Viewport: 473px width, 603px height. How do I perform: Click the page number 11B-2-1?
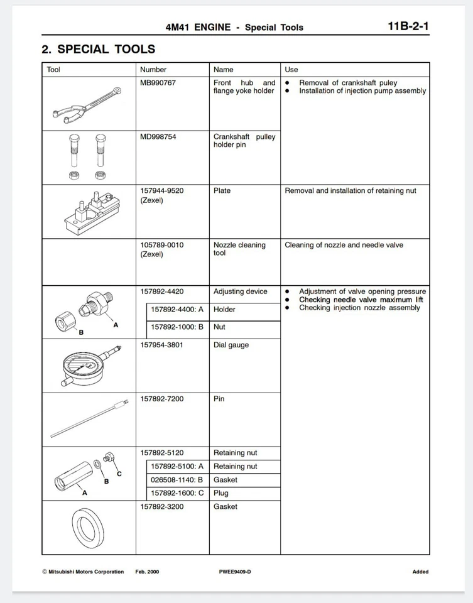[409, 26]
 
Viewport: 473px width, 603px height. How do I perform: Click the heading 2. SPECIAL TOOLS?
[99, 49]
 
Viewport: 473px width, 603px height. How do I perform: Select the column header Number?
[153, 70]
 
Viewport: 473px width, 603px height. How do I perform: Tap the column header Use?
[291, 70]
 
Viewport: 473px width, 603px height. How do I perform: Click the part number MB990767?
[158, 83]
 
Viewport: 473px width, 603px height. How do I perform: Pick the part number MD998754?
[158, 137]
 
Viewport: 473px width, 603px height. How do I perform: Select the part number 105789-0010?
[162, 245]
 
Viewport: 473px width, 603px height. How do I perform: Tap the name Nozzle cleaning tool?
[239, 249]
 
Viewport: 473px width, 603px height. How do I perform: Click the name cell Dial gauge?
[231, 345]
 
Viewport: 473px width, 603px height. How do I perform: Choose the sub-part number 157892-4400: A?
[177, 309]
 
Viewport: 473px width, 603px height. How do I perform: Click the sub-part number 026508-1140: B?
[177, 480]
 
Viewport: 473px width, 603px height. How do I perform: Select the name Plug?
[221, 493]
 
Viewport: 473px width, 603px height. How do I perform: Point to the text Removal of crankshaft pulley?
[348, 83]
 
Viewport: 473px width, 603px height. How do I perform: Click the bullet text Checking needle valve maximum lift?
[361, 300]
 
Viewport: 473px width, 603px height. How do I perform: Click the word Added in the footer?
[420, 572]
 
